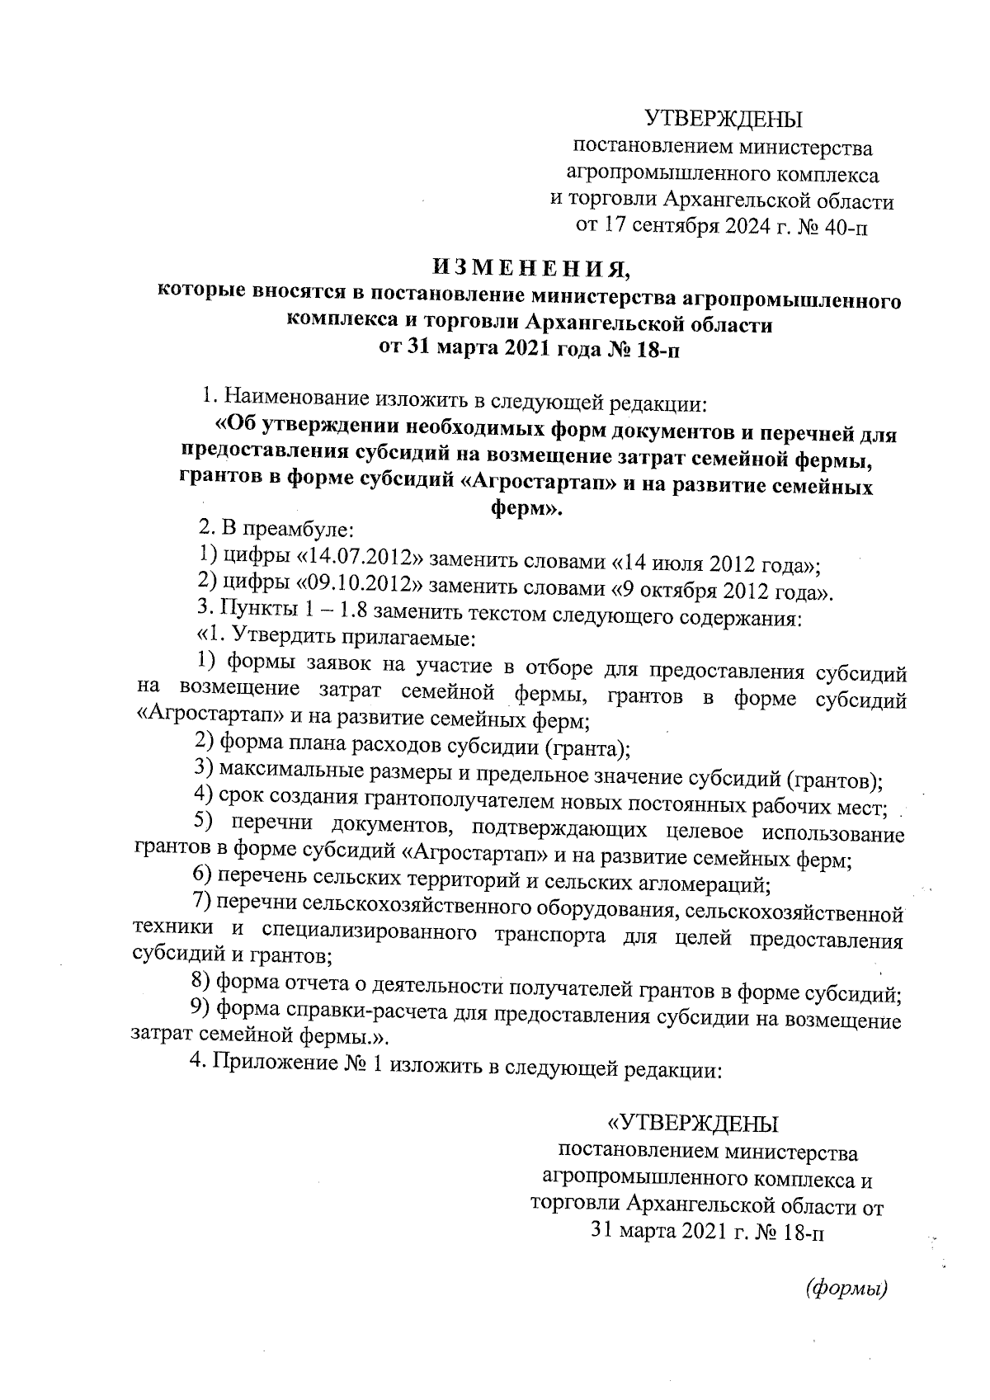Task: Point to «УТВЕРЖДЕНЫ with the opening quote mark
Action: tap(693, 1124)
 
